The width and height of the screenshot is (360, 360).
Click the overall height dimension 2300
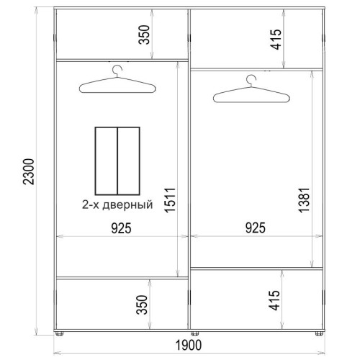pos(29,171)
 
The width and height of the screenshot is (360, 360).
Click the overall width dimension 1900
pos(189,346)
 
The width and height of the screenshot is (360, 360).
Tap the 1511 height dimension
pos(170,200)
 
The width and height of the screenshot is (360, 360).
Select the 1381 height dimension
pos(304,200)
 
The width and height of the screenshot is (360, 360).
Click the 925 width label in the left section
pos(122,228)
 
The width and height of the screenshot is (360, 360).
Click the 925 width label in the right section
pos(256,228)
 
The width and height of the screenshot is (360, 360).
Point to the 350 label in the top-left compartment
pos(144,35)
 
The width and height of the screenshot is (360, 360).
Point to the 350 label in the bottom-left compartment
pos(142,305)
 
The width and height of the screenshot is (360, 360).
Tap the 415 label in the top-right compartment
pos(276,40)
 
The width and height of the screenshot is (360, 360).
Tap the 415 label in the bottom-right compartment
pos(274,300)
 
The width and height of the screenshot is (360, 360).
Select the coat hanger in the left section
pos(117,85)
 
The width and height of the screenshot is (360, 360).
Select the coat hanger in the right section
pos(251,94)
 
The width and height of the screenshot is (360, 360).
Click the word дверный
pos(127,205)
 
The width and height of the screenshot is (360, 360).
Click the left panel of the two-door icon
pos(107,161)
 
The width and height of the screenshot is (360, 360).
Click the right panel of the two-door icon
pos(129,161)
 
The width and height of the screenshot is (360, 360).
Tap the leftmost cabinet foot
pos(59,333)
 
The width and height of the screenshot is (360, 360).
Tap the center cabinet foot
pos(194,333)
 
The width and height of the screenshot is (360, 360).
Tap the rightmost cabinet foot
pos(319,333)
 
